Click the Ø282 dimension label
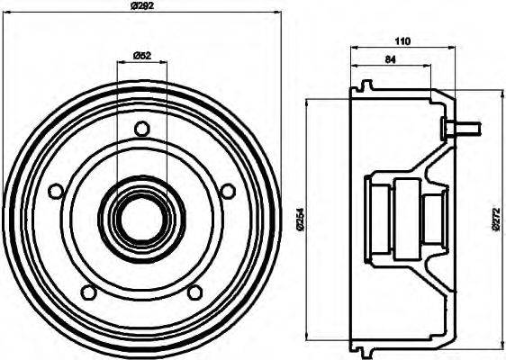point(141,6)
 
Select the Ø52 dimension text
point(141,56)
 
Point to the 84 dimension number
point(390,61)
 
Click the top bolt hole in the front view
point(141,128)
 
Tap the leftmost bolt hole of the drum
point(57,191)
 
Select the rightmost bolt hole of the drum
point(228,190)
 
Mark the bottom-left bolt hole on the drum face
point(88,291)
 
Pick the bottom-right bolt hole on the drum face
point(195,291)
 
